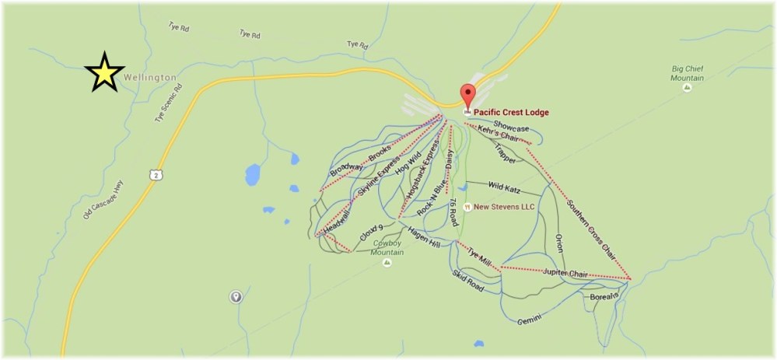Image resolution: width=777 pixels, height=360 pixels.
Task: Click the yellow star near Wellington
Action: coord(104,72)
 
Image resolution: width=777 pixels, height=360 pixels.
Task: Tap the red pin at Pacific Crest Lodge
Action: coord(467,96)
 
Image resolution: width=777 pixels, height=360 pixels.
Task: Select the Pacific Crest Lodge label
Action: coord(511,113)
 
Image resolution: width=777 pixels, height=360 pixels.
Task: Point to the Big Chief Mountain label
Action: coord(687,73)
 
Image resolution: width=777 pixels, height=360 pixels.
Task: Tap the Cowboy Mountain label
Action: coord(386,247)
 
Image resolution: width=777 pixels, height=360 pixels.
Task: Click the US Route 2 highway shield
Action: coord(156,177)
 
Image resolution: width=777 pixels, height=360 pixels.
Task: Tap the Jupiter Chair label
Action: coord(565,273)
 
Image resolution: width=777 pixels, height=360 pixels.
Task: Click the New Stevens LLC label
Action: coord(502,207)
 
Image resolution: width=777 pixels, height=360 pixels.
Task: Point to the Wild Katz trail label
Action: coord(504,187)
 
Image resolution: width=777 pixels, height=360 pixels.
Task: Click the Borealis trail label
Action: coord(604,296)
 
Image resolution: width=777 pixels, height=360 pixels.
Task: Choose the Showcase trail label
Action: coord(511,128)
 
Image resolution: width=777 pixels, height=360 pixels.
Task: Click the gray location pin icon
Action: coord(235,296)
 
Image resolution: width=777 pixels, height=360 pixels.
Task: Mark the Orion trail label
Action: coord(558,243)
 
